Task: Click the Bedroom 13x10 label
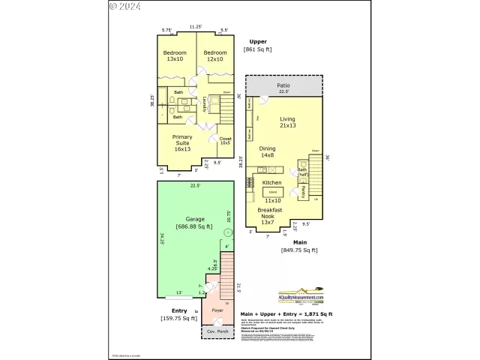tap(175, 55)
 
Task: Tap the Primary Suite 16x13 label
tap(182, 142)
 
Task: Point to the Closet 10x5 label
tap(225, 140)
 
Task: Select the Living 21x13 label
tap(288, 123)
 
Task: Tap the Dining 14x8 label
tap(268, 152)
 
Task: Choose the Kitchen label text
tap(271, 182)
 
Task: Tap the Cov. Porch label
tap(217, 331)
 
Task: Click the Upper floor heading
tap(258, 41)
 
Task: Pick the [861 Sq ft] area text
tap(258, 49)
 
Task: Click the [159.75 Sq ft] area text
tap(179, 318)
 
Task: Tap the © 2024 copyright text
tap(124, 6)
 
